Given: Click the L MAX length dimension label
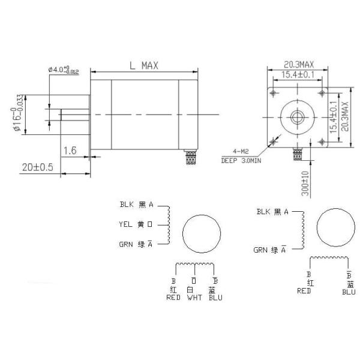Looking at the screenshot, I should (x=143, y=66).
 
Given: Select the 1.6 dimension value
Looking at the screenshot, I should (x=69, y=151).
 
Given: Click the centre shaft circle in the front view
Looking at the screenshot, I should (x=297, y=116).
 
